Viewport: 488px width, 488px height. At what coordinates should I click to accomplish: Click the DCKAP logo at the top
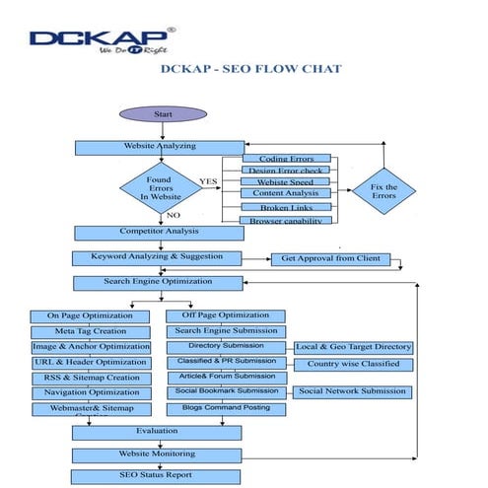coord(102,40)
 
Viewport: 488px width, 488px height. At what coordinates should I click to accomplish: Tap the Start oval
coord(164,113)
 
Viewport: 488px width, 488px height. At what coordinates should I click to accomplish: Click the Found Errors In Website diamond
coord(159,187)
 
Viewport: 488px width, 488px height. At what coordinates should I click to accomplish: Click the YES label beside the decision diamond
coord(209,180)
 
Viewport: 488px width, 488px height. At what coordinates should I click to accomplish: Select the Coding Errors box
coord(287,159)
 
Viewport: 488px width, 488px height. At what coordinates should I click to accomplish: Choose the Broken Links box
coord(287,208)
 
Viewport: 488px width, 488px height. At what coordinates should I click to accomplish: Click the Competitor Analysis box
coord(159,233)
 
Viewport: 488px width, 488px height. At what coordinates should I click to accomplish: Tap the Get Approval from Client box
coord(330,259)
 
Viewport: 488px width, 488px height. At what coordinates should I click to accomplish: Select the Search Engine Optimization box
coord(159,283)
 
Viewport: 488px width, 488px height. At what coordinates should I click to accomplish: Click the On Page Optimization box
coord(90,315)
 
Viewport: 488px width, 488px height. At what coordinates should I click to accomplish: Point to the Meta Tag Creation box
coord(90,331)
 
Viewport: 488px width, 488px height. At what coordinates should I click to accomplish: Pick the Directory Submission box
coord(227,346)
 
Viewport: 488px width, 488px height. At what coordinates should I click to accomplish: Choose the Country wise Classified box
coord(353,363)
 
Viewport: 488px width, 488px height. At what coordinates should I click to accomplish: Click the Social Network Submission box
coord(353,391)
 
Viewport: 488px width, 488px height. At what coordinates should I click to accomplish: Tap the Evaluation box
coord(156,431)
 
